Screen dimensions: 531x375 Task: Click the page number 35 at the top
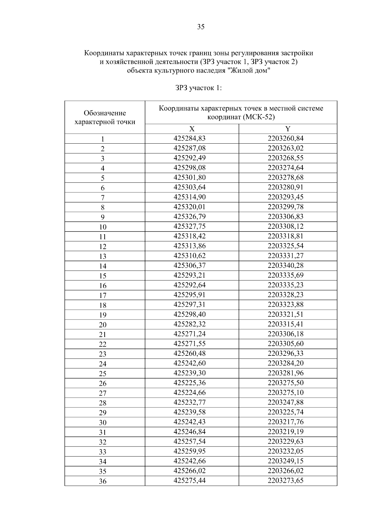[x=201, y=27]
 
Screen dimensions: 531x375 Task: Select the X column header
[x=192, y=129]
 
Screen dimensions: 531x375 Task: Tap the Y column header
[x=288, y=129]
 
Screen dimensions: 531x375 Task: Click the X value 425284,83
[x=189, y=138]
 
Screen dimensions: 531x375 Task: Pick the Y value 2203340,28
[x=285, y=265]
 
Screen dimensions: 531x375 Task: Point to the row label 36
[x=102, y=481]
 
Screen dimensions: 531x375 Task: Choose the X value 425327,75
[x=189, y=226]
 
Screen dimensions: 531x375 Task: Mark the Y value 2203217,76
[x=285, y=422]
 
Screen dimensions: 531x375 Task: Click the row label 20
[x=102, y=325]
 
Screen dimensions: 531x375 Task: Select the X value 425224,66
[x=189, y=392]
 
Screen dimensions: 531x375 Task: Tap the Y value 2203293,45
[x=285, y=197]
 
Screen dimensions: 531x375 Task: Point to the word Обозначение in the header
[x=105, y=113]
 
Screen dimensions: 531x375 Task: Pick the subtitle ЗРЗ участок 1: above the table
[x=198, y=88]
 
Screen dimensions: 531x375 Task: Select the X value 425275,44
[x=189, y=480]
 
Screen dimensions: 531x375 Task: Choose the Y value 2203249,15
[x=285, y=461]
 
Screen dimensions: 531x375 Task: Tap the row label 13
[x=102, y=256]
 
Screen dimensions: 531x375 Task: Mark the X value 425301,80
[x=189, y=177]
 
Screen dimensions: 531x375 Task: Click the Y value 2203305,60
[x=285, y=344]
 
